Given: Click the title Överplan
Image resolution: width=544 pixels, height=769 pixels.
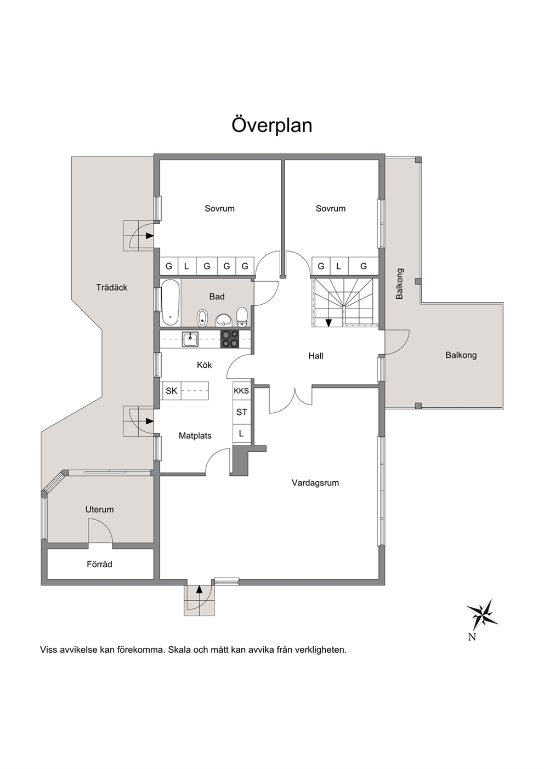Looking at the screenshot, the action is click(272, 125).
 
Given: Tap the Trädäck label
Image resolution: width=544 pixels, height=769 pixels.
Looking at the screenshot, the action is click(112, 287).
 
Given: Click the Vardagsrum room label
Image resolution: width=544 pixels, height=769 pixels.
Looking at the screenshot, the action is click(315, 483).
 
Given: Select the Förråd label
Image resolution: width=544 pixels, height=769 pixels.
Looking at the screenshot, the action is click(100, 564).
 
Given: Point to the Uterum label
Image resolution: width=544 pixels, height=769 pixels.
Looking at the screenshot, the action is click(100, 509).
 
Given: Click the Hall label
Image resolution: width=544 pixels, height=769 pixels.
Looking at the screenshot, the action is click(316, 356).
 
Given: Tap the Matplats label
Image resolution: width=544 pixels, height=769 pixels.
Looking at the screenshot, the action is click(195, 436).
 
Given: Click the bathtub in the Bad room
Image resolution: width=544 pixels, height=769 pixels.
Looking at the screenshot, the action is click(171, 302).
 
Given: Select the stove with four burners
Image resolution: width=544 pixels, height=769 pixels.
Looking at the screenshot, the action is click(230, 339).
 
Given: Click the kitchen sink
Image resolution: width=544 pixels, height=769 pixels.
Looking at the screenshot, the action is click(190, 339).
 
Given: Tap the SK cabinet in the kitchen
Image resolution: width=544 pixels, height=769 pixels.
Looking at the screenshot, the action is click(172, 391).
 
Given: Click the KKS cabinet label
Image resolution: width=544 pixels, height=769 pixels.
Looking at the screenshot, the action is click(241, 391).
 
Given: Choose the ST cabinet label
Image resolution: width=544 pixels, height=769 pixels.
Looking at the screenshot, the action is click(241, 412).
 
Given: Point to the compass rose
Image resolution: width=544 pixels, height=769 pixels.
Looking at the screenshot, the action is click(482, 615).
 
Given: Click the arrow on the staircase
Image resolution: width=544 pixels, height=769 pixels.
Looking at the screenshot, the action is click(328, 322).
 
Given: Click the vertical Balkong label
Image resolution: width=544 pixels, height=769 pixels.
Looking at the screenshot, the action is click(399, 283).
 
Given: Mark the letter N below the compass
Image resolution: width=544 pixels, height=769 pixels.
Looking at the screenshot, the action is click(472, 637).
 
